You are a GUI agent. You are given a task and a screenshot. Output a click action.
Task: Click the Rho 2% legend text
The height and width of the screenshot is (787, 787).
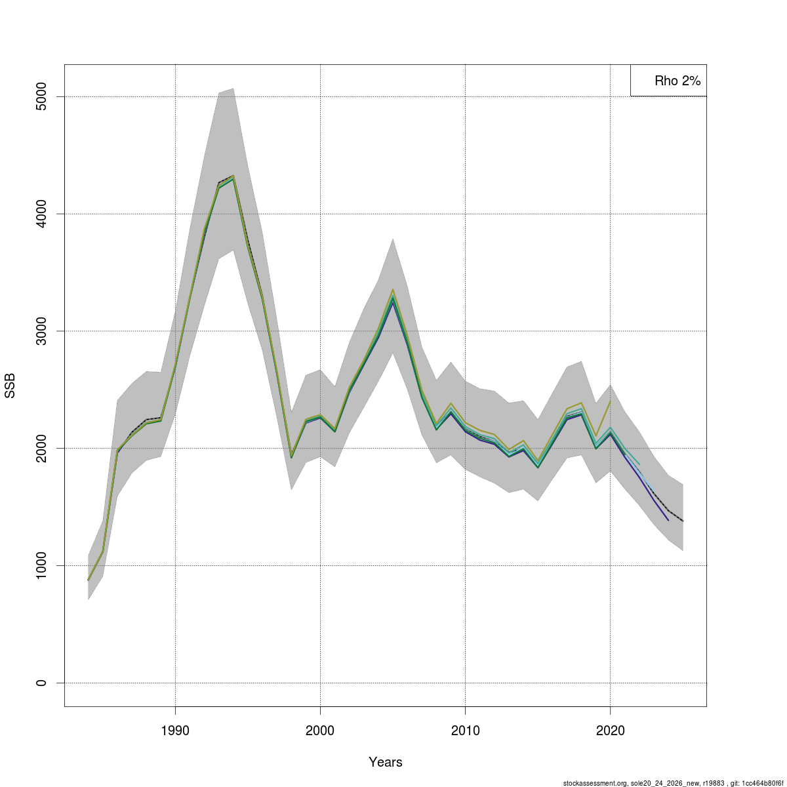point(677,81)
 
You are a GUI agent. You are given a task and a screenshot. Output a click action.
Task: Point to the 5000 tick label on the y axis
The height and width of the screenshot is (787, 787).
point(41,97)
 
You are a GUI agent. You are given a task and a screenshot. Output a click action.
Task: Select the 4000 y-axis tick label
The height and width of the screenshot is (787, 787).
point(41,214)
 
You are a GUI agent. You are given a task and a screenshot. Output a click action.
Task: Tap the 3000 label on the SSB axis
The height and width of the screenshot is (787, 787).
point(41,331)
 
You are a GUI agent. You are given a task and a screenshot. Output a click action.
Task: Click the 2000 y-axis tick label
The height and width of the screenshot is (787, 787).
point(41,449)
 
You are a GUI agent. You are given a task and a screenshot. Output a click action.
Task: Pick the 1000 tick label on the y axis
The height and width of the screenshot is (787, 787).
point(41,565)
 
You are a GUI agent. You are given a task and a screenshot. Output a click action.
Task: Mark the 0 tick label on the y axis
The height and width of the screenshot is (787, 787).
point(41,683)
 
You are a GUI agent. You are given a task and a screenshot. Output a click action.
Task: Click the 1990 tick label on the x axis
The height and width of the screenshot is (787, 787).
point(175,731)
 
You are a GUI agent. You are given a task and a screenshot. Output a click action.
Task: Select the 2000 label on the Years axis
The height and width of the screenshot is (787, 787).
point(320,731)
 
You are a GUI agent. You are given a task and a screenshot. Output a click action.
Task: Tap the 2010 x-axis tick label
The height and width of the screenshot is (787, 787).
point(465,731)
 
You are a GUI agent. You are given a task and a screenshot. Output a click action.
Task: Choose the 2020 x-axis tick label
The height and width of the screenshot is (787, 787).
point(610,731)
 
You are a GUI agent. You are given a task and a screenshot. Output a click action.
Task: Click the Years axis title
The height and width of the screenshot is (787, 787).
point(386,762)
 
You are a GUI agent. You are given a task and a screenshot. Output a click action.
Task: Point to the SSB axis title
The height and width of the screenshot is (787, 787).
point(10,386)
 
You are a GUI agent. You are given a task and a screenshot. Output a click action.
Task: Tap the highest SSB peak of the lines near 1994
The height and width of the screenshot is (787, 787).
point(233,176)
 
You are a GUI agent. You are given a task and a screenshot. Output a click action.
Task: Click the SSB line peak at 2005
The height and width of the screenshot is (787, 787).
point(392,290)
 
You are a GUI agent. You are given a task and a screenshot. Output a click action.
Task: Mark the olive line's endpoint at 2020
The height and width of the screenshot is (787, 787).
point(610,401)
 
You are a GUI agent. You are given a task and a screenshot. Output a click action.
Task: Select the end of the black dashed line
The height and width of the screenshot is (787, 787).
point(683,521)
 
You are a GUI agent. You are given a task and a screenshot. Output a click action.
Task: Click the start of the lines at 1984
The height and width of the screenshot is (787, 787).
point(89,580)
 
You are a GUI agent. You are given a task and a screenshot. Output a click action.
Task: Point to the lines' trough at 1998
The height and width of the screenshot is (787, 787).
point(291,457)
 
